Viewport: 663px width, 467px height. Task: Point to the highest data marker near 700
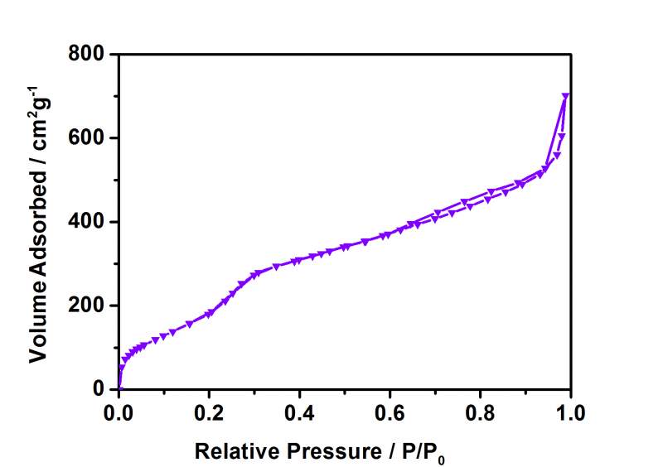click(566, 97)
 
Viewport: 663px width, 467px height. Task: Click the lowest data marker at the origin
click(119, 388)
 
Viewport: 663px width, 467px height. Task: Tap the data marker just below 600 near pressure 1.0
click(562, 137)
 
